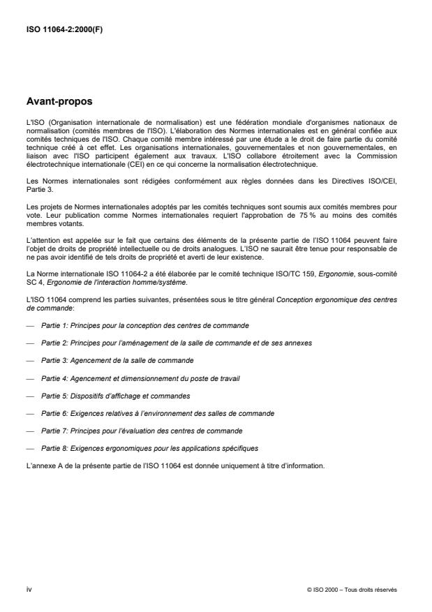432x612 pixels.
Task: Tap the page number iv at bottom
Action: pyautogui.click(x=29, y=589)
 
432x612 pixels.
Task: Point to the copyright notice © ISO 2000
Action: pyautogui.click(x=351, y=590)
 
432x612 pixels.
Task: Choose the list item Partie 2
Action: pyautogui.click(x=177, y=343)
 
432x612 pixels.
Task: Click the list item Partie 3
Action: pyautogui.click(x=117, y=360)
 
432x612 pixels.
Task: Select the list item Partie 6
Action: pyautogui.click(x=158, y=412)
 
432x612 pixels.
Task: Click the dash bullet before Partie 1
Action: pyautogui.click(x=29, y=326)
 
